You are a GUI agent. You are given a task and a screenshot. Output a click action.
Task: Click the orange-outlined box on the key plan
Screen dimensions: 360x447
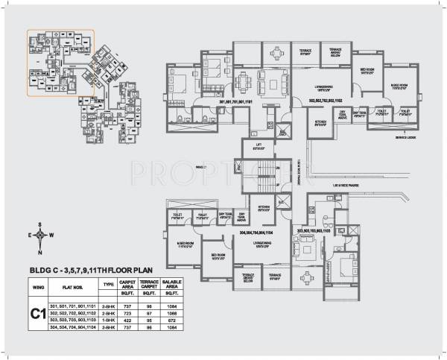(60, 63)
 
